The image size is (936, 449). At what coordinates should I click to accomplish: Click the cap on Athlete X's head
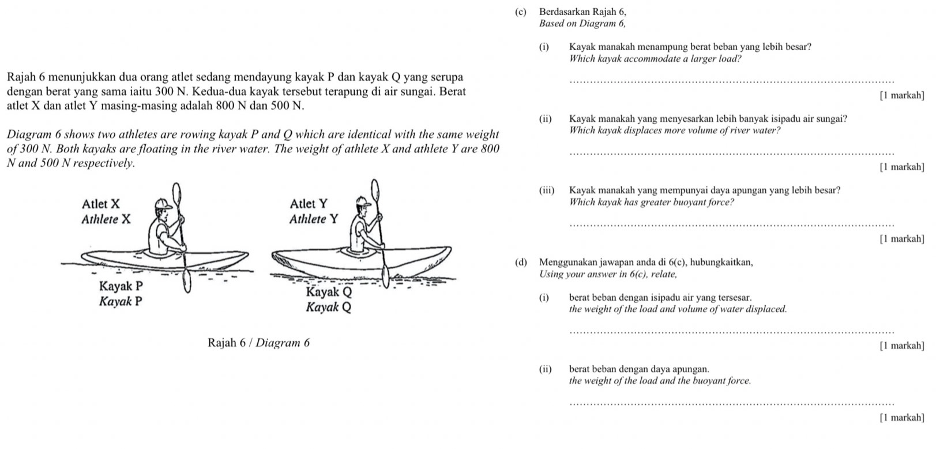pyautogui.click(x=161, y=205)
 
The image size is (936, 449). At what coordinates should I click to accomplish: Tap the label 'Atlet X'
pyautogui.click(x=101, y=204)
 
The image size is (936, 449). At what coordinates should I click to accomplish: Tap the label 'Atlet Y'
pyautogui.click(x=309, y=204)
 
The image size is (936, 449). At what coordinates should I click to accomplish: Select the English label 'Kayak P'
pyautogui.click(x=121, y=301)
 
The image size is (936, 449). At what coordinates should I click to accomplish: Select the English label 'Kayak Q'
pyautogui.click(x=328, y=307)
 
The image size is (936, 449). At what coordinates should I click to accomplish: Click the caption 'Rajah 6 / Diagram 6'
pyautogui.click(x=258, y=343)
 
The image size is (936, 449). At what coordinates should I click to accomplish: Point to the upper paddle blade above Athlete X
pyautogui.click(x=178, y=193)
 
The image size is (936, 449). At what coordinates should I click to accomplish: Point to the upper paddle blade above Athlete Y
pyautogui.click(x=376, y=190)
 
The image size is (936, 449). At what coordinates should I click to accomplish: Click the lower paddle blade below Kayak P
pyautogui.click(x=187, y=280)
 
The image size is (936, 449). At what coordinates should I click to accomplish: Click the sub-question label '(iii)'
pyautogui.click(x=547, y=190)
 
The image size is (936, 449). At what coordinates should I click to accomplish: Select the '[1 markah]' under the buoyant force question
pyautogui.click(x=901, y=238)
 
